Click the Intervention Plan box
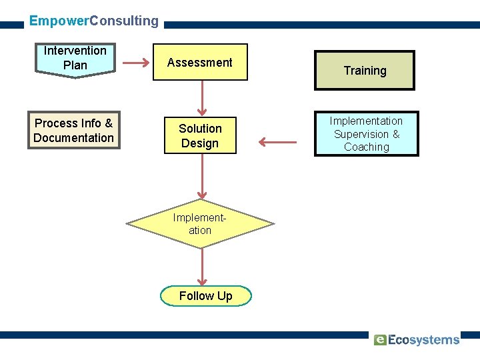[75, 59]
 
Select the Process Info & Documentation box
[73, 130]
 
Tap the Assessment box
[199, 63]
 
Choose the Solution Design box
[200, 136]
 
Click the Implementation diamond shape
[200, 224]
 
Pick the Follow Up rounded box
[206, 296]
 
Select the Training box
[365, 71]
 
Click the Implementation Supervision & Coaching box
[366, 134]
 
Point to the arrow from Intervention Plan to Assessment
[136, 63]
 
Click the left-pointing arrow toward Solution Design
[277, 141]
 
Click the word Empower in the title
[59, 21]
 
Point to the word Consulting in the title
[124, 21]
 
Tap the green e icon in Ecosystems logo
[380, 340]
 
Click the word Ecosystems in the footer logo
[424, 340]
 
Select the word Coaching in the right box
[366, 147]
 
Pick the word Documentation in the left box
[73, 138]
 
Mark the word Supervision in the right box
[361, 134]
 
